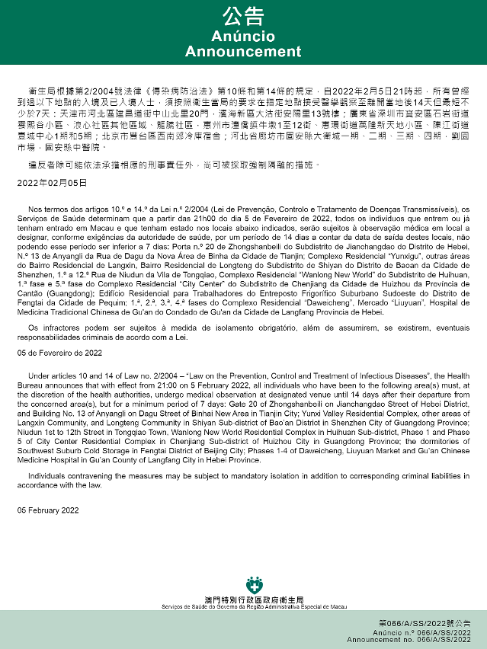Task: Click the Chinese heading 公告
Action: pos(243,17)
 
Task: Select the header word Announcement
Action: pos(243,52)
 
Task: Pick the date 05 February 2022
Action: pos(48,510)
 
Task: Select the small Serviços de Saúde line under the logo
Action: pos(243,607)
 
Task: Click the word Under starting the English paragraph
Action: pos(37,376)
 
